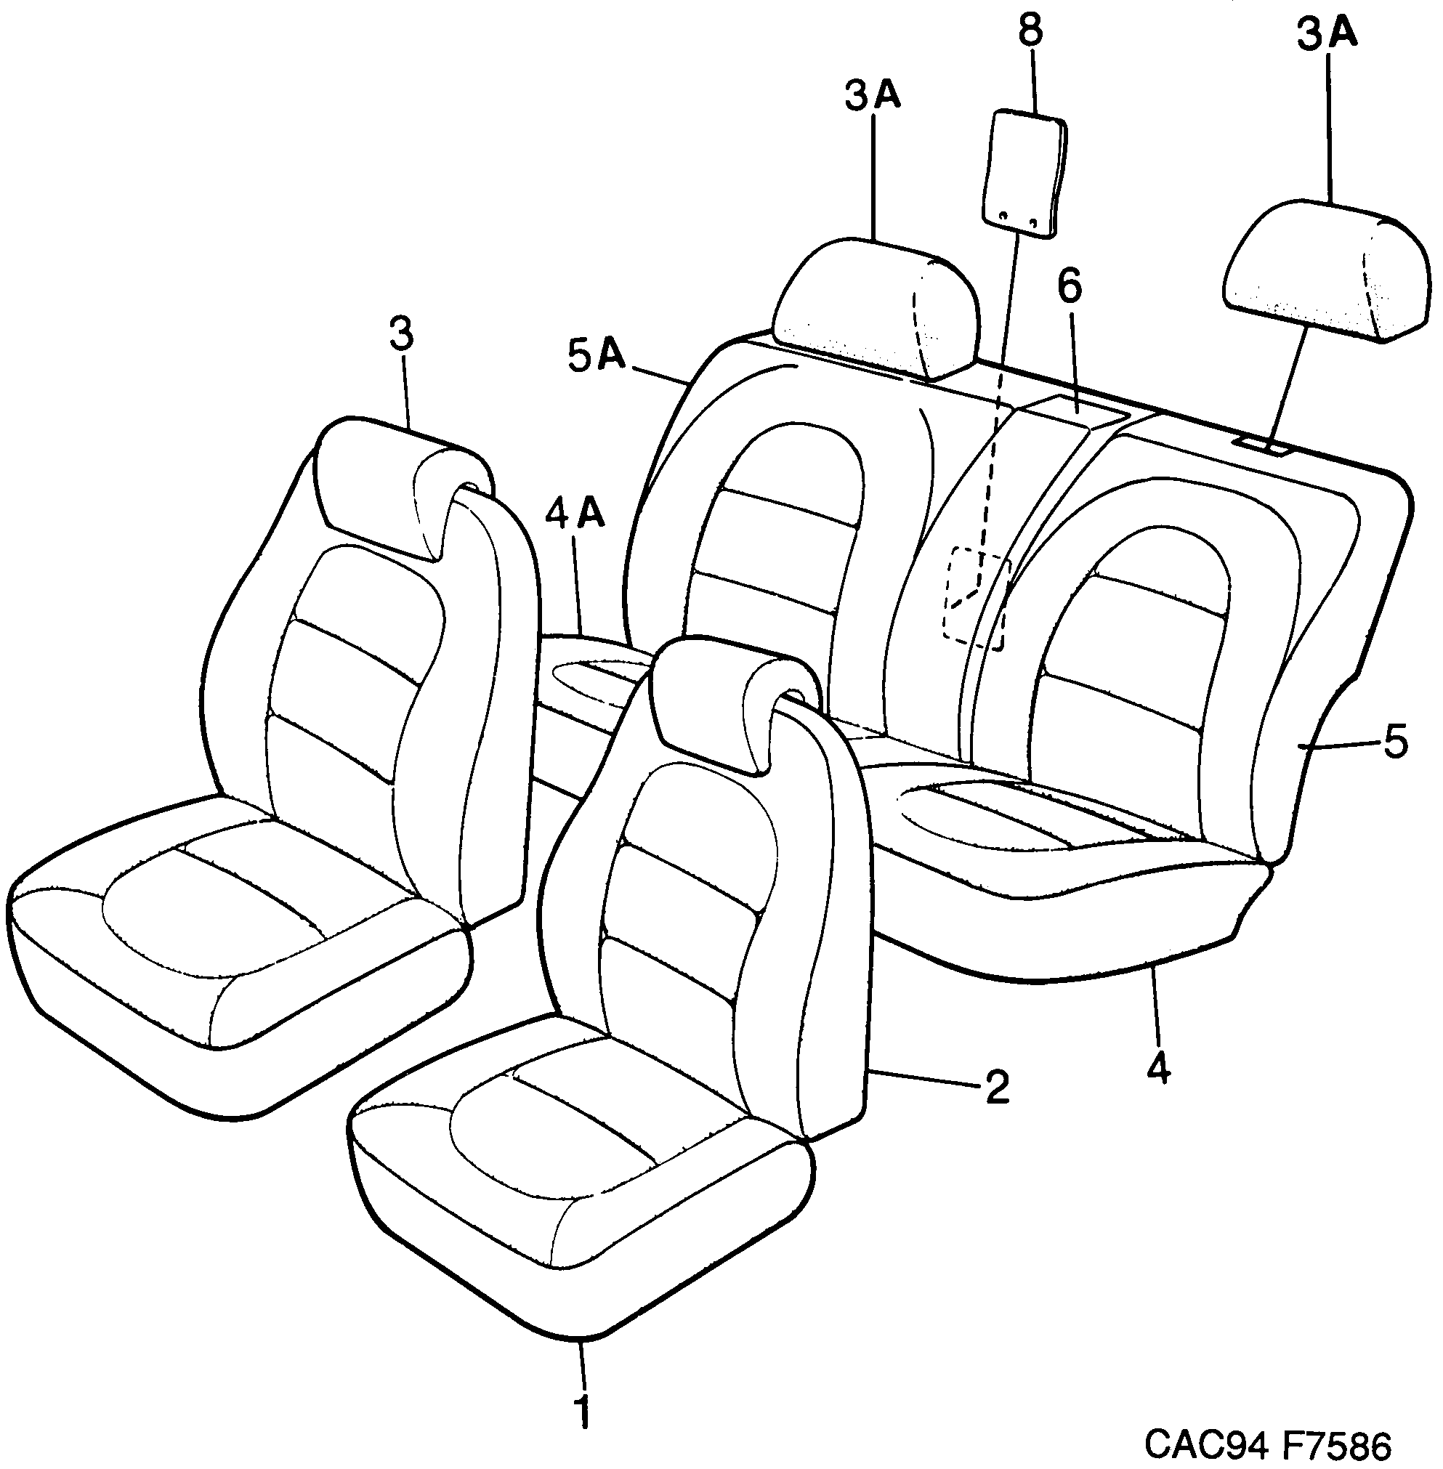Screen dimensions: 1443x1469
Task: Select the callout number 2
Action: (997, 1087)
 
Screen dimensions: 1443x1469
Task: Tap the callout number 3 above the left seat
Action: (402, 334)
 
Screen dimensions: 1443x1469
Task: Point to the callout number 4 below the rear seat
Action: (1158, 1069)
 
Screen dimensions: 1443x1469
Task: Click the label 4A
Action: (575, 514)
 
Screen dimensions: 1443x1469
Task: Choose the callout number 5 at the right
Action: (1395, 742)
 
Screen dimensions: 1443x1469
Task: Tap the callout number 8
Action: (1030, 32)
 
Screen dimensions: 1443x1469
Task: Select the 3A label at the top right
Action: (1327, 35)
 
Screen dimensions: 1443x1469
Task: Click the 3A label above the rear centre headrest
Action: (873, 97)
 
